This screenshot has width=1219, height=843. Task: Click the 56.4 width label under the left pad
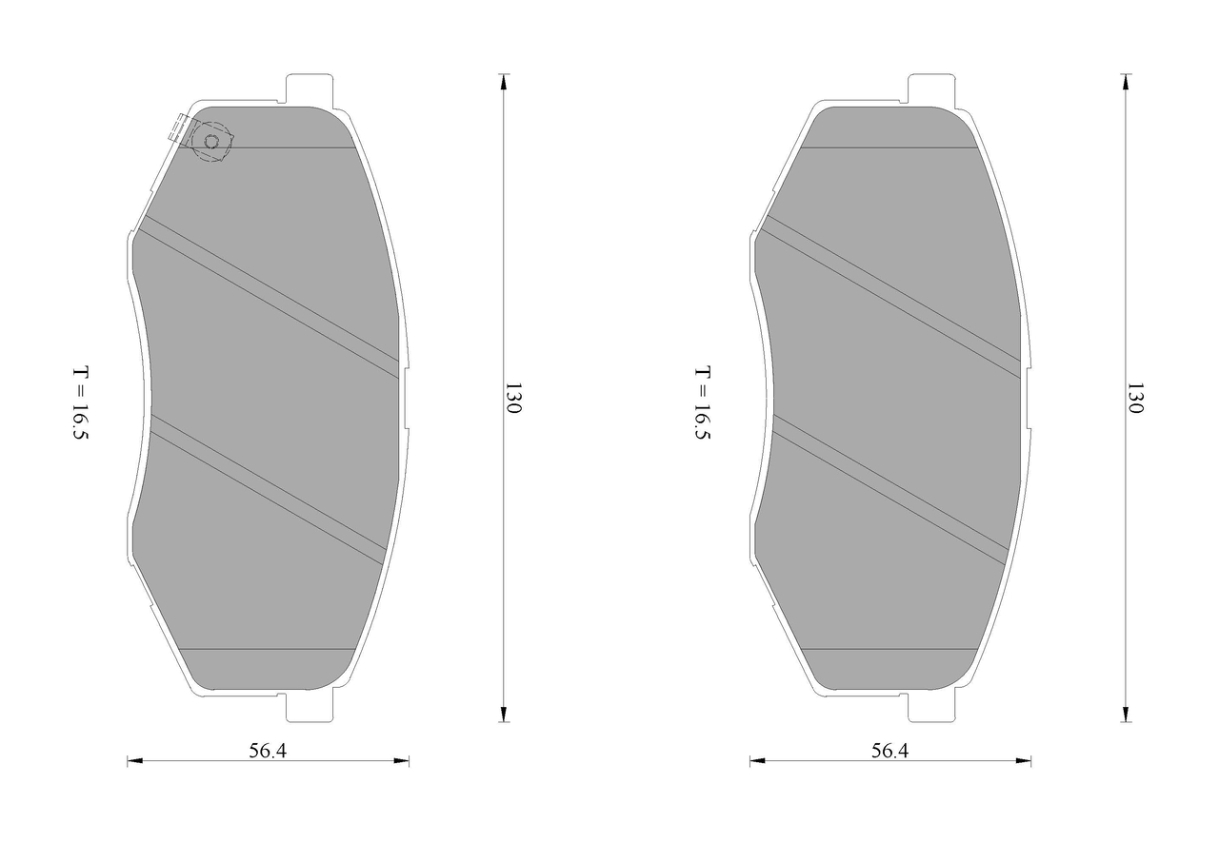pyautogui.click(x=268, y=751)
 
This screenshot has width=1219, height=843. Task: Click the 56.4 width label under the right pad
pyautogui.click(x=889, y=751)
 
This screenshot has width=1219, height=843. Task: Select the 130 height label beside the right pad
pyautogui.click(x=1135, y=398)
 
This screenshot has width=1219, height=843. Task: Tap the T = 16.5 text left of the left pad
pyautogui.click(x=81, y=402)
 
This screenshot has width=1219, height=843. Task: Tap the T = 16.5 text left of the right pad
pyautogui.click(x=703, y=402)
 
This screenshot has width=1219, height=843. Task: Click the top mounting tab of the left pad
pyautogui.click(x=310, y=89)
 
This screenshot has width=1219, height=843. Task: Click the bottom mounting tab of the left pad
pyautogui.click(x=310, y=707)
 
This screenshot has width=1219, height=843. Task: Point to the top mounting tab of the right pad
pyautogui.click(x=931, y=89)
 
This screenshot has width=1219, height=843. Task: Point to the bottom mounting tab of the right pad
pyautogui.click(x=931, y=707)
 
